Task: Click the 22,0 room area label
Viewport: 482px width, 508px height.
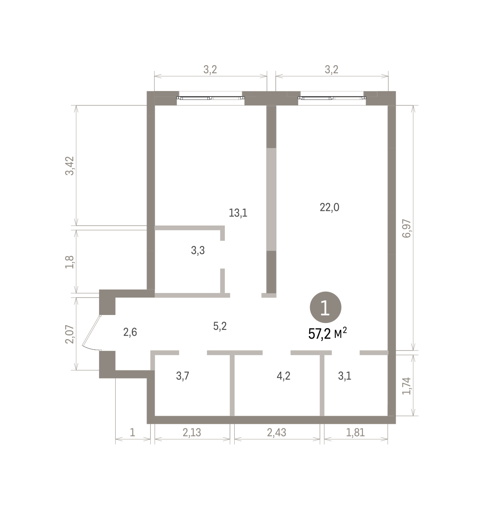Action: pyautogui.click(x=330, y=207)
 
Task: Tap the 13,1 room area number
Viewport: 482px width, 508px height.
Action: pyautogui.click(x=238, y=213)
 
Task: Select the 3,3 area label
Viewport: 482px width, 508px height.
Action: pyautogui.click(x=198, y=250)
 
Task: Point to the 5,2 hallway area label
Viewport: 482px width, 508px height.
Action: pyautogui.click(x=220, y=326)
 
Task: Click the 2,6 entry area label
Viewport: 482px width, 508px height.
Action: pyautogui.click(x=130, y=332)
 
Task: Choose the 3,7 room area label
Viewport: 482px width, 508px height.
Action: pyautogui.click(x=183, y=376)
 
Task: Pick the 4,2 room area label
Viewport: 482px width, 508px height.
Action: pyautogui.click(x=283, y=376)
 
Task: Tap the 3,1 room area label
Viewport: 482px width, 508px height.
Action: pyautogui.click(x=344, y=376)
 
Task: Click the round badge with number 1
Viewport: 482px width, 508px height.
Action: pyautogui.click(x=325, y=307)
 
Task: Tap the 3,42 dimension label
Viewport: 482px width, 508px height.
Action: pyautogui.click(x=69, y=166)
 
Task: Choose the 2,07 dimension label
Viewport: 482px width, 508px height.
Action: pyautogui.click(x=69, y=334)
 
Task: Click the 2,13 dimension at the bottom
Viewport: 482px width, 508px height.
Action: pyautogui.click(x=191, y=432)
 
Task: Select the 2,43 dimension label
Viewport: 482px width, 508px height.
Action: pyautogui.click(x=277, y=432)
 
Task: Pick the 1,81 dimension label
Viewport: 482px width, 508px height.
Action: pyautogui.click(x=355, y=432)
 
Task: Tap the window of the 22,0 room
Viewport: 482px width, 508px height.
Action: pyautogui.click(x=332, y=98)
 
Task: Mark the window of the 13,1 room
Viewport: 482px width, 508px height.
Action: pyautogui.click(x=211, y=98)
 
